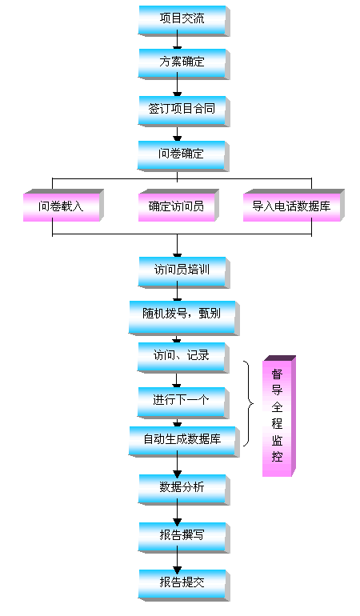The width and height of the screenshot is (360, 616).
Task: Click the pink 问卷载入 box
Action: pyautogui.click(x=63, y=205)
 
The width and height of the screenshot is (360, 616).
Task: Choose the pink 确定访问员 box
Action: pyautogui.click(x=178, y=205)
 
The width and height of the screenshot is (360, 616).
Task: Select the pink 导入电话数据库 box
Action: pyautogui.click(x=294, y=205)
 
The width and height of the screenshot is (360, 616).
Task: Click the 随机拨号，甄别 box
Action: pyautogui.click(x=183, y=318)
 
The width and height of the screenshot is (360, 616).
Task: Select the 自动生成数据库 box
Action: pyautogui.click(x=183, y=442)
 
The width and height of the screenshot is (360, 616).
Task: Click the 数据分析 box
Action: pyautogui.click(x=183, y=490)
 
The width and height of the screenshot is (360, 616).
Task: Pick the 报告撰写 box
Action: pyautogui.click(x=183, y=538)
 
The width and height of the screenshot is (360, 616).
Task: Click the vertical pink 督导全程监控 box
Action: pyautogui.click(x=279, y=416)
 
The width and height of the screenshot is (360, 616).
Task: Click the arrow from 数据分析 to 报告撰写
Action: pyautogui.click(x=178, y=513)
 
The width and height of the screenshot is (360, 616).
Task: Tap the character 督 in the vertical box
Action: pyautogui.click(x=277, y=374)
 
